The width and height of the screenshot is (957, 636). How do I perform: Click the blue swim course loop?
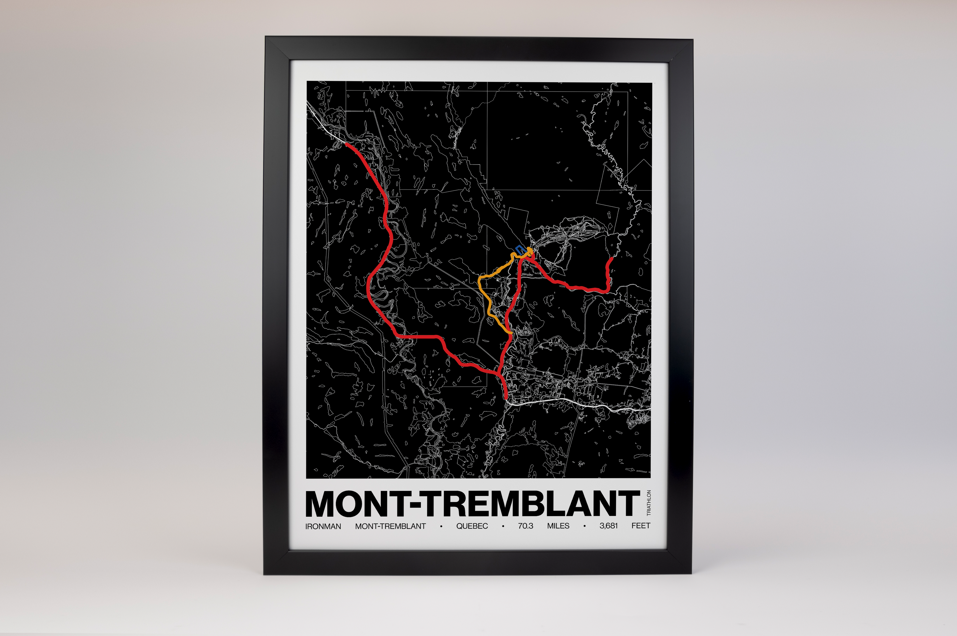[x=519, y=249]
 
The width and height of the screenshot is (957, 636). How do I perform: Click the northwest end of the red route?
[x=347, y=144]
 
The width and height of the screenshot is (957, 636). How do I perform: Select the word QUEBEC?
[x=472, y=526]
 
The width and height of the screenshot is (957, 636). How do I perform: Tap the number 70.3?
[x=525, y=526]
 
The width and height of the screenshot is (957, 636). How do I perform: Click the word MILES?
[x=558, y=526]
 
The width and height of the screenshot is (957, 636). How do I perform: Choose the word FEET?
[x=641, y=526]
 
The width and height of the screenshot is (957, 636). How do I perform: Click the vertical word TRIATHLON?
[x=648, y=503]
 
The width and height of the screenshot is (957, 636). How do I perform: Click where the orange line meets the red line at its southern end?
[x=510, y=333]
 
